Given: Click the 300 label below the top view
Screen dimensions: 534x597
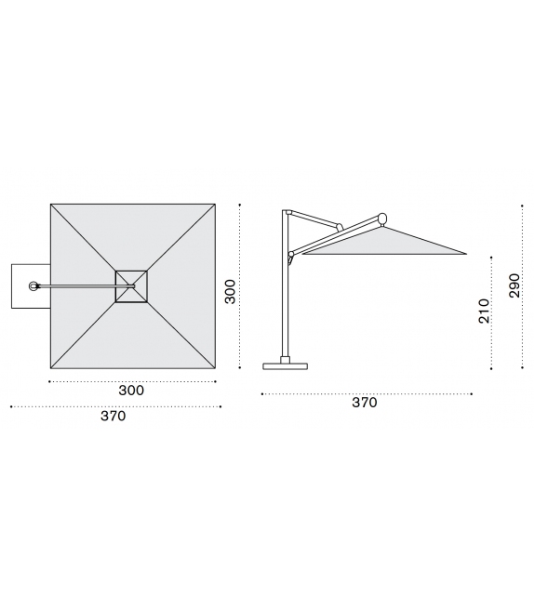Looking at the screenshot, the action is click(x=131, y=391).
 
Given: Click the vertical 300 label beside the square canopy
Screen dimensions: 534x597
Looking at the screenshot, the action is click(x=230, y=292).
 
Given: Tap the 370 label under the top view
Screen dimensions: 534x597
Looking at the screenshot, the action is click(x=113, y=417).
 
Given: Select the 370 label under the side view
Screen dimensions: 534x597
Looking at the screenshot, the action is click(x=365, y=403).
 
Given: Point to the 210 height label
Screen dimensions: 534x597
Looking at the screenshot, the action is click(x=484, y=312).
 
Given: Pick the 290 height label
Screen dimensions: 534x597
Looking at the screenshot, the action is click(x=514, y=285).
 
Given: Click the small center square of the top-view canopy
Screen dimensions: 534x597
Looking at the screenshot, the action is click(x=131, y=286).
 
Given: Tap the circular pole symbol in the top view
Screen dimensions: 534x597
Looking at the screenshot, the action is click(x=33, y=285).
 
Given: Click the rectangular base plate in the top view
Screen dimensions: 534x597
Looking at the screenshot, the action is click(x=31, y=286).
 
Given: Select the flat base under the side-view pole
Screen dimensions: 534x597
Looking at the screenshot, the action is click(x=286, y=366).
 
